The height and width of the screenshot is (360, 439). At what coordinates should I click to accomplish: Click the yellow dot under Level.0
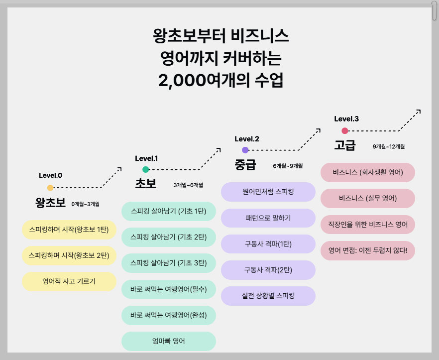[50, 188]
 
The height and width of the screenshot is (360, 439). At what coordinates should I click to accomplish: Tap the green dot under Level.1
[146, 170]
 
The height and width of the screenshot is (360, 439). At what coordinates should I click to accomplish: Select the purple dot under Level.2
[245, 150]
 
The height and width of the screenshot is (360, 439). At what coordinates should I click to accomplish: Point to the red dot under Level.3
[344, 131]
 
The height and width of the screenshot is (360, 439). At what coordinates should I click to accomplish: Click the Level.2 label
[247, 139]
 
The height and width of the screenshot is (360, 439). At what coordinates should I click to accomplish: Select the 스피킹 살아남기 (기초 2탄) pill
[168, 237]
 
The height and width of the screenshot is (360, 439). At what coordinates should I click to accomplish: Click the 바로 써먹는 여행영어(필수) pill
[168, 288]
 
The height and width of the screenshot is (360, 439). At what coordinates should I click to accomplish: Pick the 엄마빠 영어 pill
[168, 341]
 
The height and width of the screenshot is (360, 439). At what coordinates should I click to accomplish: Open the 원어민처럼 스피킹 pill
[268, 192]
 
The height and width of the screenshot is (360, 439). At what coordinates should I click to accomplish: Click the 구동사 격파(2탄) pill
[268, 270]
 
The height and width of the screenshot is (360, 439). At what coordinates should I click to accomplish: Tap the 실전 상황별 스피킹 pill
[268, 296]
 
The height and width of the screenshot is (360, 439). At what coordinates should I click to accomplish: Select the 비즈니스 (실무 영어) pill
[368, 198]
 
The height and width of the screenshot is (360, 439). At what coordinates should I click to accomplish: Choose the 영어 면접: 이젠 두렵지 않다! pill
[368, 250]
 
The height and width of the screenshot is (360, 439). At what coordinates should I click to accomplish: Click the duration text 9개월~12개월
[388, 147]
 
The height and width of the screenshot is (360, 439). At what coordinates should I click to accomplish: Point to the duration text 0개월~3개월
[85, 204]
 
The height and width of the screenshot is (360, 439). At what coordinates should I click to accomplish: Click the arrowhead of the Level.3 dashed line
[419, 111]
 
